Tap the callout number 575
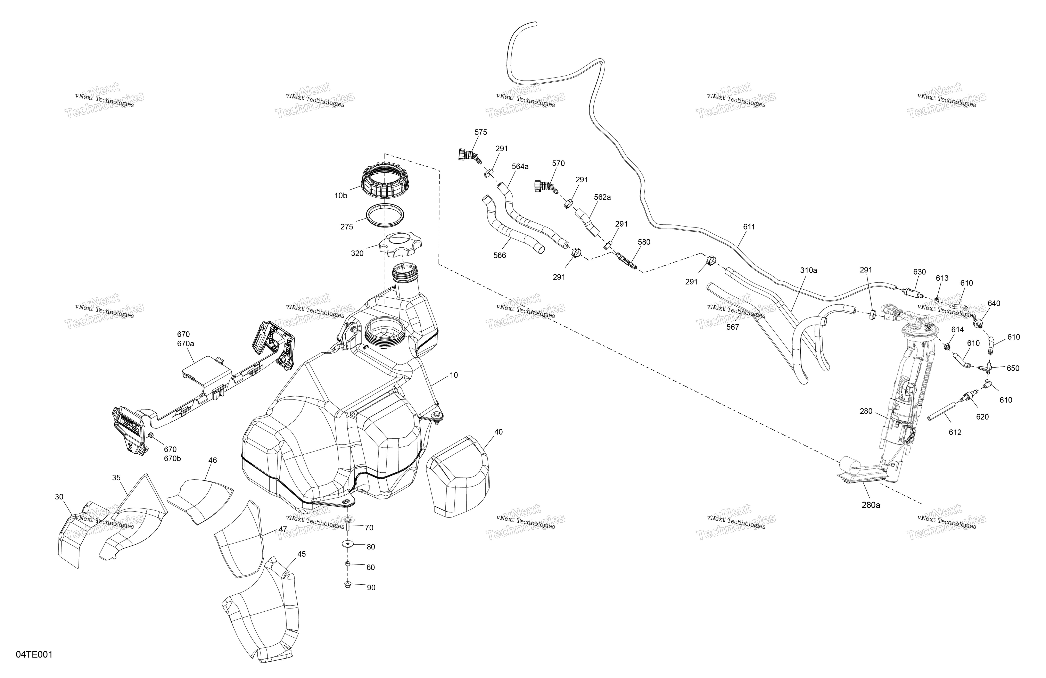point(481,132)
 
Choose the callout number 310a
point(808,271)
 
